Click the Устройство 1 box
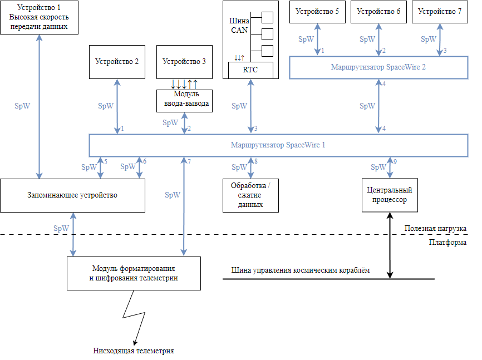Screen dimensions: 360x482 [39, 17]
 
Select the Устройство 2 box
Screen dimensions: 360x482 [117, 62]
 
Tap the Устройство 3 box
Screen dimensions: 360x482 [184, 62]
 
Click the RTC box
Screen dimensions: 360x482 [250, 70]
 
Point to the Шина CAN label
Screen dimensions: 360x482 [239, 25]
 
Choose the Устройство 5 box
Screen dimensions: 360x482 [317, 12]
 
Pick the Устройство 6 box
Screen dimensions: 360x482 [378, 12]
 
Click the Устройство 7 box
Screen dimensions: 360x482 [440, 12]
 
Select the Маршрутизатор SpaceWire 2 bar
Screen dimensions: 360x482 [378, 67]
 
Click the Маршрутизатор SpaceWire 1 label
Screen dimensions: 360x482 [278, 145]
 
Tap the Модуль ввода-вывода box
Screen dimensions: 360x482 [184, 101]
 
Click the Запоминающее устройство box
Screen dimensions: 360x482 [72, 195]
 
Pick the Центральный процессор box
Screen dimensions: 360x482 [390, 195]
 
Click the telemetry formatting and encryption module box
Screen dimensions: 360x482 [134, 273]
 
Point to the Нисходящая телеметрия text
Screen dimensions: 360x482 [134, 351]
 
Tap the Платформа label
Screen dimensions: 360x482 [447, 243]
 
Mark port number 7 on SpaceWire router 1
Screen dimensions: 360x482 [189, 161]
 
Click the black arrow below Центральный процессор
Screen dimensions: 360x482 [390, 245]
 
